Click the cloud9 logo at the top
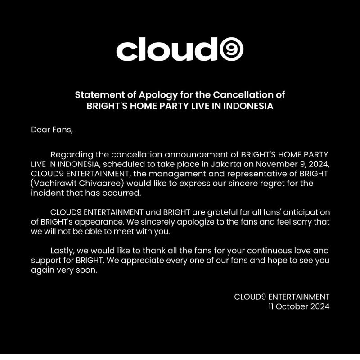(180, 50)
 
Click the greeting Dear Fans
(51, 130)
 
